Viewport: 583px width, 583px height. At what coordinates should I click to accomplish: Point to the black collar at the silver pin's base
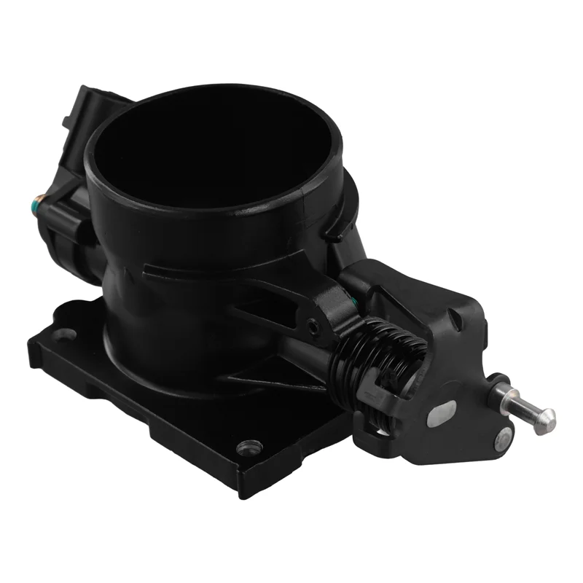coord(498,387)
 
